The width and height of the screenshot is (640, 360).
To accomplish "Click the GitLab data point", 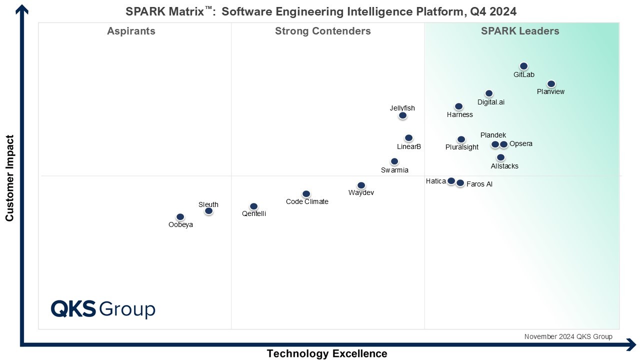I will click(523, 66).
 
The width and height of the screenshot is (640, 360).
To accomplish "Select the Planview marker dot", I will click(551, 84).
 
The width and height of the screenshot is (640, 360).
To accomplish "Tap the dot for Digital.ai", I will click(489, 93).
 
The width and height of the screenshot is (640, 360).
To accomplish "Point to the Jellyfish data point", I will click(402, 115).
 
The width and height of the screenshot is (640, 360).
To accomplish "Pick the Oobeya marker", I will click(180, 217).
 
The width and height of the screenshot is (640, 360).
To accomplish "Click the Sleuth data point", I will click(208, 211).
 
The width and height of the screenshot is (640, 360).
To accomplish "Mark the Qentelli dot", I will click(253, 206).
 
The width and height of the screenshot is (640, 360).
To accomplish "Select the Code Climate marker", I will click(306, 194).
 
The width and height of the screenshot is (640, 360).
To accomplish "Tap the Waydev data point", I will click(361, 185).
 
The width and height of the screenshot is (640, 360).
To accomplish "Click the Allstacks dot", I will click(500, 157).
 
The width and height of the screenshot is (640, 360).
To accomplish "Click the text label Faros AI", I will click(479, 184).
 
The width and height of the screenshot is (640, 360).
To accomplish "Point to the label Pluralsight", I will click(462, 147).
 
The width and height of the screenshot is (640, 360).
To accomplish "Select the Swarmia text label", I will click(394, 170).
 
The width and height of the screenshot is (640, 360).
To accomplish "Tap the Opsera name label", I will click(521, 144).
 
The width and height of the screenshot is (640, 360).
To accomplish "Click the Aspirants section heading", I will click(131, 31).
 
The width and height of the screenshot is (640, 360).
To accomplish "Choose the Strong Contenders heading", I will click(323, 31).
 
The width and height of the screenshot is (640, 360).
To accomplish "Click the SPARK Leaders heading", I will click(520, 31).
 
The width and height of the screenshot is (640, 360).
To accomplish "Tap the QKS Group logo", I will click(103, 308).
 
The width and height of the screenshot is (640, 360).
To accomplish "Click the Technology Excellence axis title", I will click(326, 353).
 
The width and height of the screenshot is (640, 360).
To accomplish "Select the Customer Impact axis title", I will click(9, 177).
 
